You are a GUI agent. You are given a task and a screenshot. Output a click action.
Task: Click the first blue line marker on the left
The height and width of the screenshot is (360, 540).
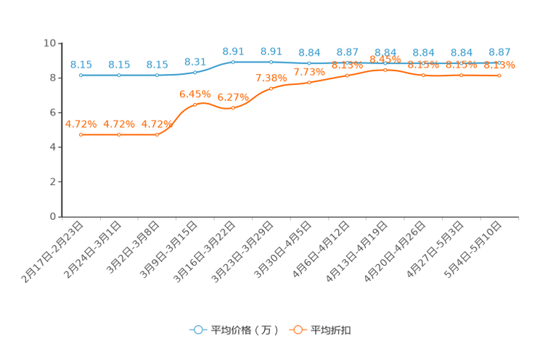pos(81,75)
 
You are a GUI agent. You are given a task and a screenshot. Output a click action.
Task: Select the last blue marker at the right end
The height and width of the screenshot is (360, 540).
pos(499,64)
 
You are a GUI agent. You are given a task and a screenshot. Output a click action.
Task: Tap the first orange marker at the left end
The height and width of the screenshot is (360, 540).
pos(81,134)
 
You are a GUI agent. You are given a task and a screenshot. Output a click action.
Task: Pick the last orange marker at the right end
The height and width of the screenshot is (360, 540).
pos(499,75)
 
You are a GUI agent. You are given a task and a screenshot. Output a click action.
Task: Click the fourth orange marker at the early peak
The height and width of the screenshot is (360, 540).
pos(195,105)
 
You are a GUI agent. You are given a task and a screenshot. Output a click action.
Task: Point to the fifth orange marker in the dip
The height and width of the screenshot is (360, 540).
pos(233,109)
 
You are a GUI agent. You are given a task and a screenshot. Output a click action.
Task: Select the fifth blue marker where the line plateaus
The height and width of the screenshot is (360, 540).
pos(233,62)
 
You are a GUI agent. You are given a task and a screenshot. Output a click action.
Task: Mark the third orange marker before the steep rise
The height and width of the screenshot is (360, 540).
pos(157,134)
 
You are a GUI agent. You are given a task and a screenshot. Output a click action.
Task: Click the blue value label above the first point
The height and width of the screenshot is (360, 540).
pos(81,65)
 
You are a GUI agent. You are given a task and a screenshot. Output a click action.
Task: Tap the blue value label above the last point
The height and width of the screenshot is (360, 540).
pos(499,52)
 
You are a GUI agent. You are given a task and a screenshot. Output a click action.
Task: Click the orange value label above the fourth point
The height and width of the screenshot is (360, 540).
pos(195,94)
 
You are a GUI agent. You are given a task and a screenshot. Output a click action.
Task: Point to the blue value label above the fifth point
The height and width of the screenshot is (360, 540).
pos(233,51)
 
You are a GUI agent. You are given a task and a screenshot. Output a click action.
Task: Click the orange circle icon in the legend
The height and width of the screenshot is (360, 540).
pos(298,330)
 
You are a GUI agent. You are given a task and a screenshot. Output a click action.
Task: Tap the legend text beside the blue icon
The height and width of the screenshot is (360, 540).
pos(245,330)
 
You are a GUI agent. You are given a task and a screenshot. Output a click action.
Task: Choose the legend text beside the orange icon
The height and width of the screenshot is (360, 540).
pos(332,330)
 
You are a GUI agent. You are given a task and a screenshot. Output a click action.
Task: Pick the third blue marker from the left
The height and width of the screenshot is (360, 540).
pos(157,75)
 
